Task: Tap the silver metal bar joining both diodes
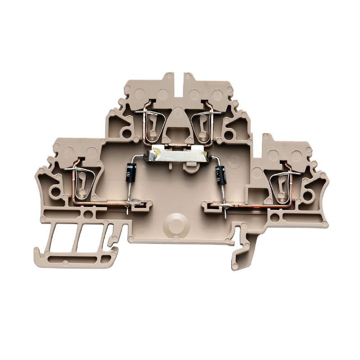click(x=177, y=156)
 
